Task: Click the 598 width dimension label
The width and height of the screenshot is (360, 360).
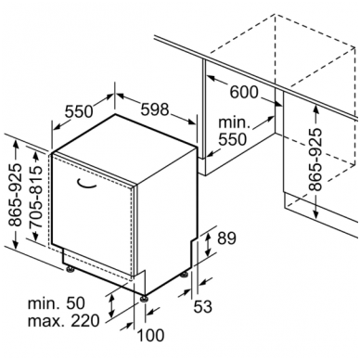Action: (155, 109)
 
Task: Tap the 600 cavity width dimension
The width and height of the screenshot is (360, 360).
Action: (244, 92)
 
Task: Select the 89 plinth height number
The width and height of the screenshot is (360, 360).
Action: (226, 238)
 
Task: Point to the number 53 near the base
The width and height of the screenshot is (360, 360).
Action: (202, 306)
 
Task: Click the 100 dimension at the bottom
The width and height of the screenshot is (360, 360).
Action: (150, 335)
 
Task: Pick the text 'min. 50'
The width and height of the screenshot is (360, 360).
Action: (56, 303)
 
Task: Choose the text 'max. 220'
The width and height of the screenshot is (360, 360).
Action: (63, 321)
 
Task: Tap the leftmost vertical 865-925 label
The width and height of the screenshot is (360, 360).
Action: (15, 195)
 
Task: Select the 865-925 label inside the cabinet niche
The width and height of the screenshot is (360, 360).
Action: (315, 159)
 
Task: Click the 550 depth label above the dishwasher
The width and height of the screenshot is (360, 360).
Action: (79, 111)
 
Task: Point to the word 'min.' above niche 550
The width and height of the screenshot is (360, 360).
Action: (234, 122)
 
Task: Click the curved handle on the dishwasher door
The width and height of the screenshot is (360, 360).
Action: (86, 185)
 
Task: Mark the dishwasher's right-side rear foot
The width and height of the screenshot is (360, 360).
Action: (185, 275)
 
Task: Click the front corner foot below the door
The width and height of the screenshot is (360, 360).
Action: (144, 298)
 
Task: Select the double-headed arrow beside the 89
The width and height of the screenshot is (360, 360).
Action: (208, 245)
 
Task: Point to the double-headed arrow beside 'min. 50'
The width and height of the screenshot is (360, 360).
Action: (111, 306)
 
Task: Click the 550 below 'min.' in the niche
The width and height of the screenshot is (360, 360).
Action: (233, 139)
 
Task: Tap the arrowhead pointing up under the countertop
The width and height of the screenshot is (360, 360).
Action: (315, 109)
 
